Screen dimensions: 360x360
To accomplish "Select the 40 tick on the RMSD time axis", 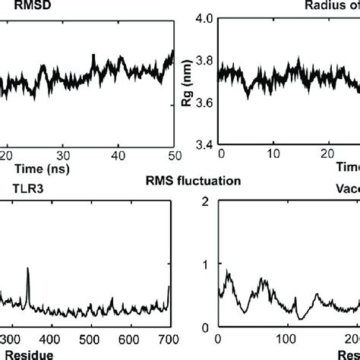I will click(x=118, y=155).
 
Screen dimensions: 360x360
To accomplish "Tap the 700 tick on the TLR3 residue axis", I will click(x=168, y=339).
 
